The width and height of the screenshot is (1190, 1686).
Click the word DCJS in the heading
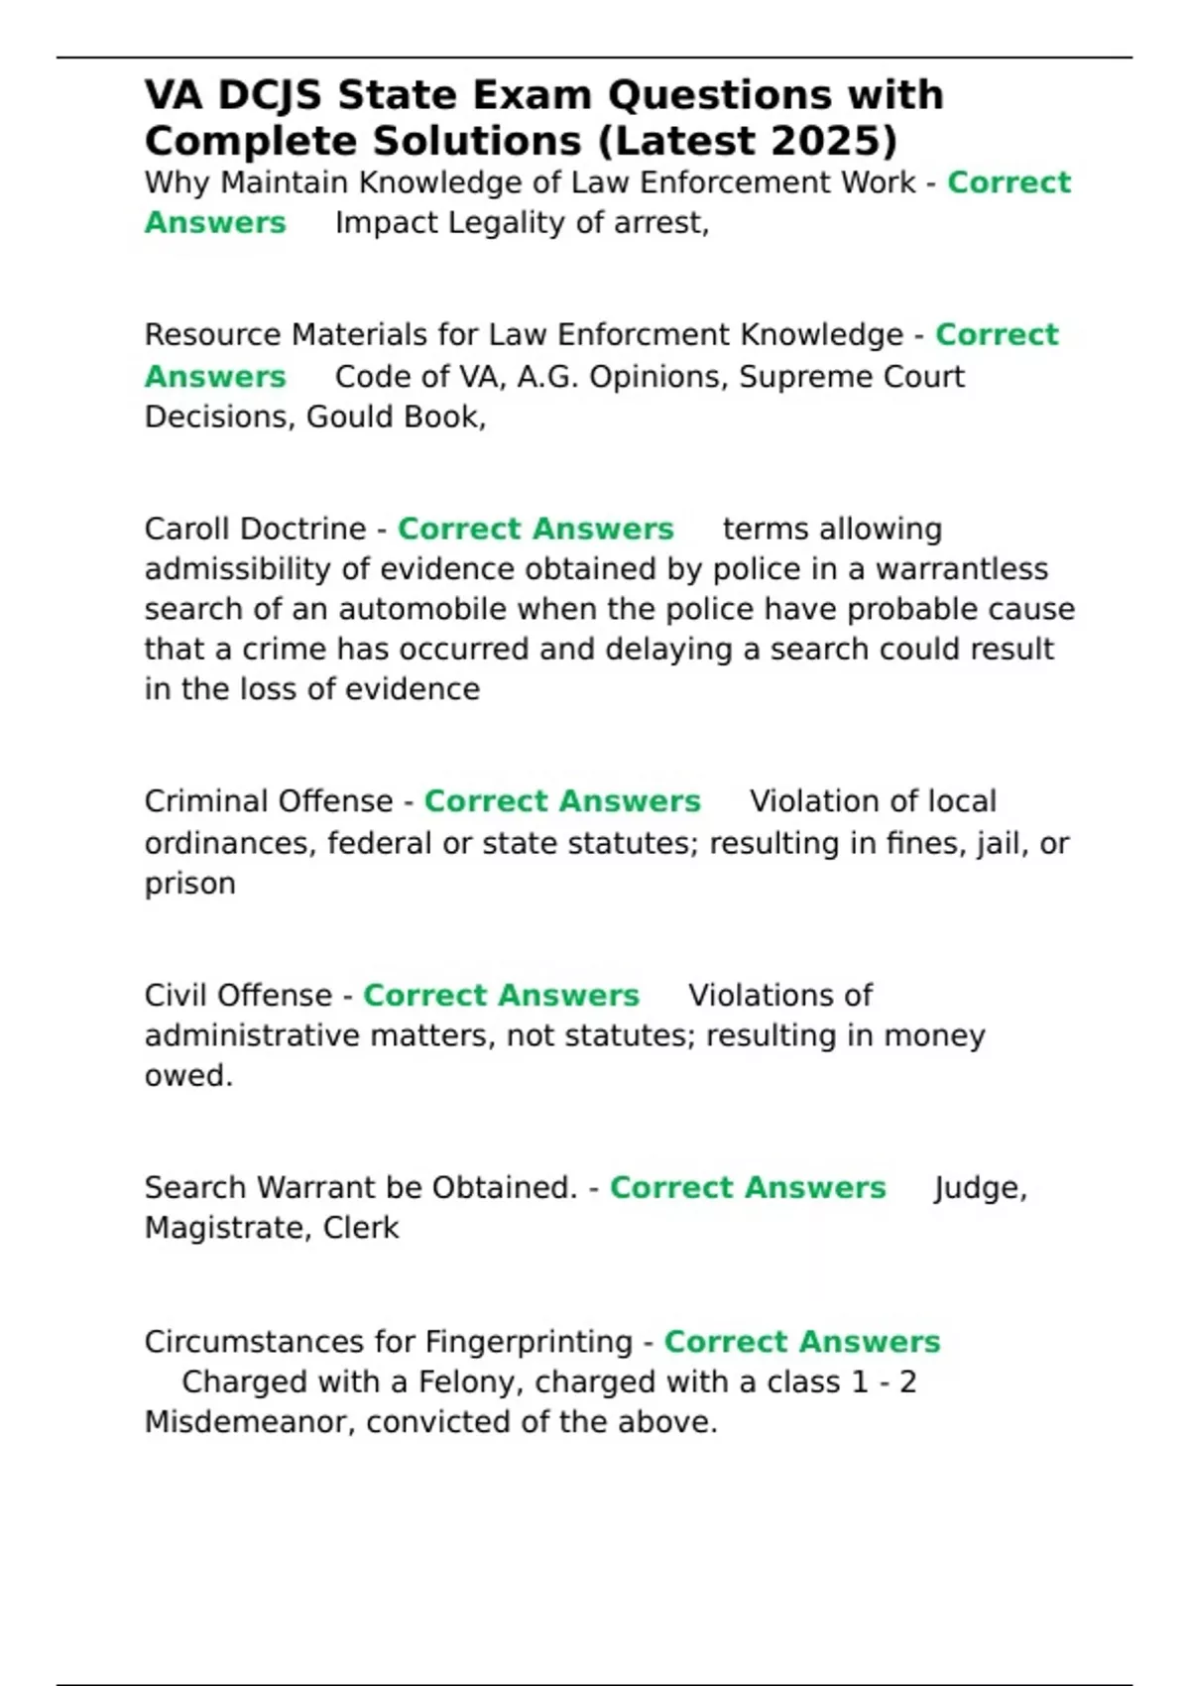(270, 95)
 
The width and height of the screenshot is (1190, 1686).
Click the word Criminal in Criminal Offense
(202, 801)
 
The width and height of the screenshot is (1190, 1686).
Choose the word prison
(189, 884)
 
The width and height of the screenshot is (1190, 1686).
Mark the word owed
(187, 1076)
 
